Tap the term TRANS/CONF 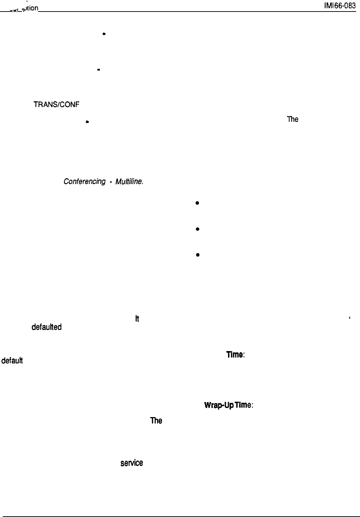(56, 104)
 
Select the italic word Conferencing (84, 182)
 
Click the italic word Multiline (128, 182)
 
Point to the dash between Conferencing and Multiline (110, 182)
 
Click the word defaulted (46, 327)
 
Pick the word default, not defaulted (12, 361)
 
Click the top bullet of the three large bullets (197, 203)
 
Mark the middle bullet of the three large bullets (197, 229)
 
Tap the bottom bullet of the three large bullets (197, 255)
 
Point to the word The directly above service (156, 421)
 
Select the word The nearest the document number (292, 119)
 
